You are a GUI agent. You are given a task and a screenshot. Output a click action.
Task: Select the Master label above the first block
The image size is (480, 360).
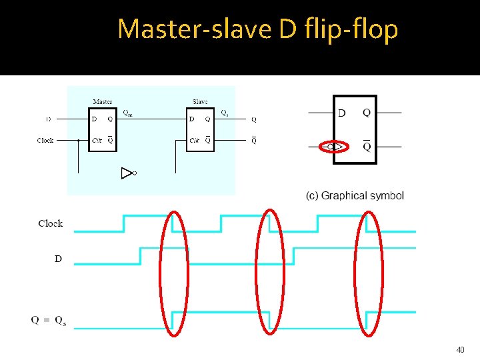(x=103, y=102)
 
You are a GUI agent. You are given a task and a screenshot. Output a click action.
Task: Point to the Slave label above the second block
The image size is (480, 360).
(x=199, y=102)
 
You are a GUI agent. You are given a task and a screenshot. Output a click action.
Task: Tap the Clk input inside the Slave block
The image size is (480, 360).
(x=194, y=141)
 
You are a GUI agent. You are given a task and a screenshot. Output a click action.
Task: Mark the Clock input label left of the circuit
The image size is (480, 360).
(x=45, y=141)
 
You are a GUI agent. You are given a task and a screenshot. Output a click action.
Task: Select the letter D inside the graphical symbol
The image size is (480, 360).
(x=342, y=113)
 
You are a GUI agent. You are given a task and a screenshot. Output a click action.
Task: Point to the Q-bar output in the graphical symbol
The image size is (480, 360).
(x=367, y=146)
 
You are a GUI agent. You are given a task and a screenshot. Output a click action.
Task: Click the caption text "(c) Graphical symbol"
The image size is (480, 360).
(x=355, y=196)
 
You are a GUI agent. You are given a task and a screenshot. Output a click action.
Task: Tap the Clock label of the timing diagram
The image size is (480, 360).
(x=51, y=223)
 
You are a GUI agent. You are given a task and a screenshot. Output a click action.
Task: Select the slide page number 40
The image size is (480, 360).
(x=460, y=349)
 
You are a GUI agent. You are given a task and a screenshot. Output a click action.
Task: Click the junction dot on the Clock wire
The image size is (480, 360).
(x=79, y=141)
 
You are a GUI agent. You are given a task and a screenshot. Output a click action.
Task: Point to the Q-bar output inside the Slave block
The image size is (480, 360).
(x=208, y=141)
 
